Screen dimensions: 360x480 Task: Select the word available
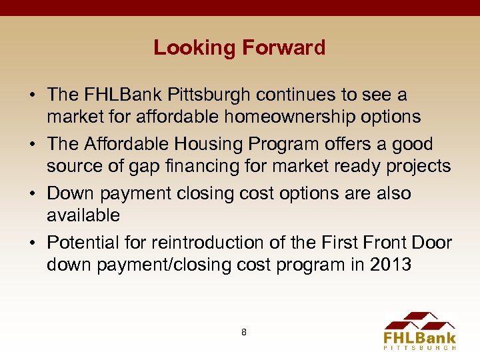click(x=83, y=215)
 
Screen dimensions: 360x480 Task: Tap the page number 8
click(x=243, y=331)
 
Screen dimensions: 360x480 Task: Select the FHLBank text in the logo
click(x=420, y=337)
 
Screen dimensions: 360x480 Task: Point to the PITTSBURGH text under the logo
click(x=420, y=347)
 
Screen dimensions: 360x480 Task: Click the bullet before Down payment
click(x=33, y=194)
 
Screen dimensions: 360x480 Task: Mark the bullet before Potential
click(x=33, y=243)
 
